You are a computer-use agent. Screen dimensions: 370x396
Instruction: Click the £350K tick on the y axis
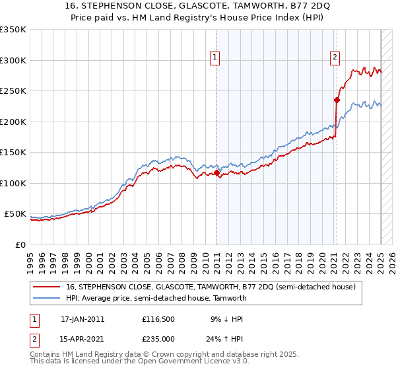pyautogui.click(x=14, y=30)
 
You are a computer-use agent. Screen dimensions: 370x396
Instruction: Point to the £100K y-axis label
pyautogui.click(x=14, y=183)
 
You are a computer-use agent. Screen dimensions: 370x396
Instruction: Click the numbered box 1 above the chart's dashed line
pyautogui.click(x=216, y=57)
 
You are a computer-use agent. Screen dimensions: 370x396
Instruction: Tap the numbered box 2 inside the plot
pyautogui.click(x=335, y=57)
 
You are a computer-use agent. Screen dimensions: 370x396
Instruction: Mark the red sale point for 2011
pyautogui.click(x=216, y=173)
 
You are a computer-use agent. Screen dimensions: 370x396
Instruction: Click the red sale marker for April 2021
pyautogui.click(x=336, y=100)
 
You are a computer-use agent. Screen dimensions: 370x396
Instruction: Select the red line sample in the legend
pyautogui.click(x=47, y=287)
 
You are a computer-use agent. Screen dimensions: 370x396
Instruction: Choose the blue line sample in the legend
pyautogui.click(x=47, y=298)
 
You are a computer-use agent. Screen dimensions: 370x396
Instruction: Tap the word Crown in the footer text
pyautogui.click(x=170, y=354)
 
